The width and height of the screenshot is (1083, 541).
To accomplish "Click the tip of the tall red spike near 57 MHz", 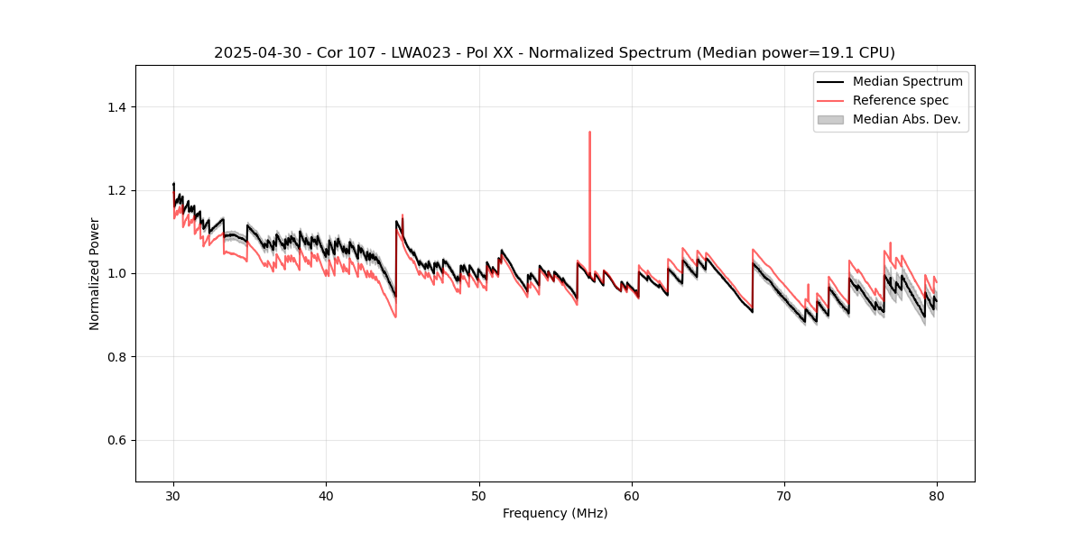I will [589, 132].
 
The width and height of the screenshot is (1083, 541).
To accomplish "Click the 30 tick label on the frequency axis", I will [173, 496].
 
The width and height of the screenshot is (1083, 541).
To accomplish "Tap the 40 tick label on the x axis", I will [326, 496].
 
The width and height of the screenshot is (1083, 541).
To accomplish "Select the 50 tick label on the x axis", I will [479, 496].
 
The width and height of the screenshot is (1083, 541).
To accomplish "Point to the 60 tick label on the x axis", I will [632, 496].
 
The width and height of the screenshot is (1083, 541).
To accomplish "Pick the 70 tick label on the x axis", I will [784, 496].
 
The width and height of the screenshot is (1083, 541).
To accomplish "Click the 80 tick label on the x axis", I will [937, 496].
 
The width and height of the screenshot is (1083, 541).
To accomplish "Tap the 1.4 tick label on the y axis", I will [116, 107].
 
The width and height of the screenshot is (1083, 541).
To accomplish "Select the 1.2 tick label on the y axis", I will [116, 190].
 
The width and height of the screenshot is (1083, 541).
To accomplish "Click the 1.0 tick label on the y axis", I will [116, 273].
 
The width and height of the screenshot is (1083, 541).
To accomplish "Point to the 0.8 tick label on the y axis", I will [116, 357].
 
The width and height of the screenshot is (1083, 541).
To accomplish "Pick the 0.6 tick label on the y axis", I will [116, 440].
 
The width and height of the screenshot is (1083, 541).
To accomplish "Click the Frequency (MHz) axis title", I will [555, 514].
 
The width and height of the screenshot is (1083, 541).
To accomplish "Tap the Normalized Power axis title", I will [95, 273].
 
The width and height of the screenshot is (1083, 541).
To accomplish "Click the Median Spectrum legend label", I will [907, 81].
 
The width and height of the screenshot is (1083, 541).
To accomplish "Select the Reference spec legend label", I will [901, 100].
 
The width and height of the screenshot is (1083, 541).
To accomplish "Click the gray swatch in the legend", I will [830, 119].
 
